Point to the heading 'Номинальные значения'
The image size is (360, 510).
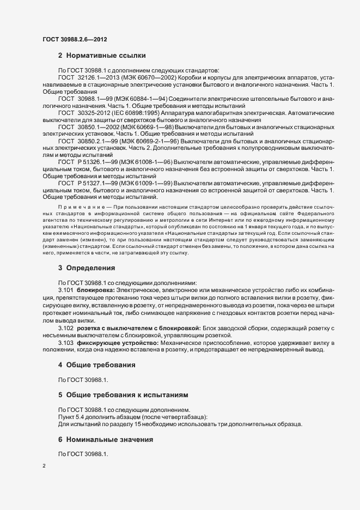[x=109, y=439]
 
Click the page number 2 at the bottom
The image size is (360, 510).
[x=44, y=466]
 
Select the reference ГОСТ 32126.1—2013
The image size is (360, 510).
[x=89, y=80]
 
